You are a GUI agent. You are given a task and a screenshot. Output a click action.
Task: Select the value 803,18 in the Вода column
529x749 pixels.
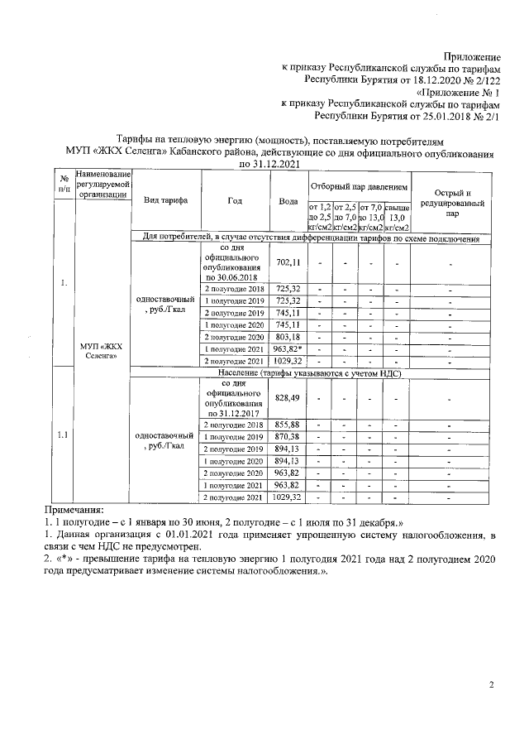pyautogui.click(x=288, y=337)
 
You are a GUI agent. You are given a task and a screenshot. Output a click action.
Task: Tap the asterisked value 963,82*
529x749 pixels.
pyautogui.click(x=288, y=349)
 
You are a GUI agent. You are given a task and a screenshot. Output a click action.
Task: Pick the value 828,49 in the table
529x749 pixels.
pyautogui.click(x=288, y=398)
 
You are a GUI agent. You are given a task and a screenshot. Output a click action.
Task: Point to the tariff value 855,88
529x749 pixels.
pyautogui.click(x=288, y=424)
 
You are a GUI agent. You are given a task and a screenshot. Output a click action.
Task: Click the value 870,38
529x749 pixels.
pyautogui.click(x=288, y=436)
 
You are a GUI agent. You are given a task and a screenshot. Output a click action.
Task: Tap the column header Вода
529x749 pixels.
pyautogui.click(x=288, y=201)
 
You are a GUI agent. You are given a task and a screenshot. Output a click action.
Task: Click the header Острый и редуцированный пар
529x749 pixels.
pyautogui.click(x=451, y=201)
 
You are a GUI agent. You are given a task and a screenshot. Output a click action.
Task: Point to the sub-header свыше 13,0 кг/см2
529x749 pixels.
pyautogui.click(x=397, y=217)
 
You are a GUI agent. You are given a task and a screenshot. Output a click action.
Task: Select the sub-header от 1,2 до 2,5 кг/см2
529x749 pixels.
pyautogui.click(x=320, y=217)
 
